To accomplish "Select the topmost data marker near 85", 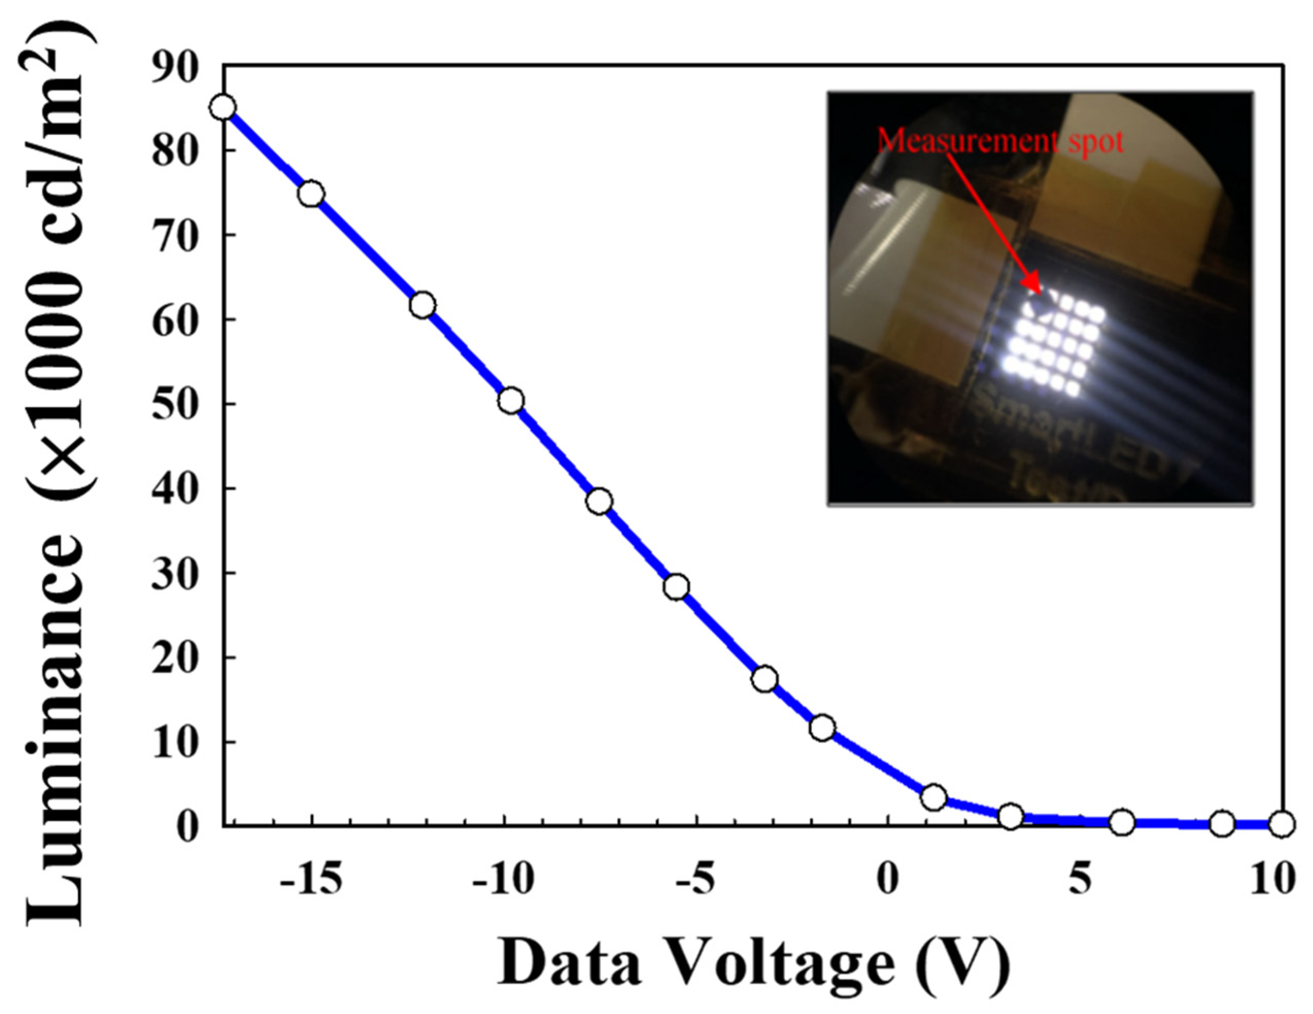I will click(x=224, y=108).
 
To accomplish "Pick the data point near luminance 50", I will click(x=511, y=400).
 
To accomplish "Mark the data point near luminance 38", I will click(x=600, y=500).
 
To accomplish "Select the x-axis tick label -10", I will click(x=503, y=880).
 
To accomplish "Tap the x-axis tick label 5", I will click(x=1080, y=880).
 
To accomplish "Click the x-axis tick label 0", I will click(x=888, y=880).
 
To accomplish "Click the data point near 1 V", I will click(x=934, y=798).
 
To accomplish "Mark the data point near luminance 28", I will click(x=677, y=586).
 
